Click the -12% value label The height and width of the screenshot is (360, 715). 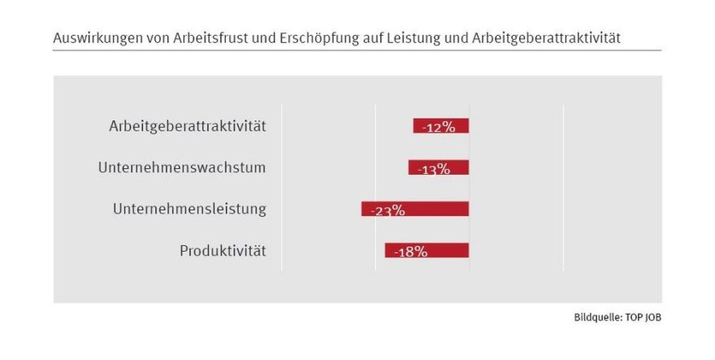click(x=438, y=128)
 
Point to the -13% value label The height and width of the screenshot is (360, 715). click(x=433, y=169)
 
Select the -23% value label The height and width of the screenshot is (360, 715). click(x=387, y=210)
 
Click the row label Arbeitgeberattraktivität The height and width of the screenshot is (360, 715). click(x=187, y=126)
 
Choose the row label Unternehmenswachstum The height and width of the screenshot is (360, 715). click(x=182, y=167)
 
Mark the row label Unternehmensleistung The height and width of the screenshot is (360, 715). click(x=189, y=209)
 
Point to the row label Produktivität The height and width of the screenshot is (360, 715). click(x=223, y=250)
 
